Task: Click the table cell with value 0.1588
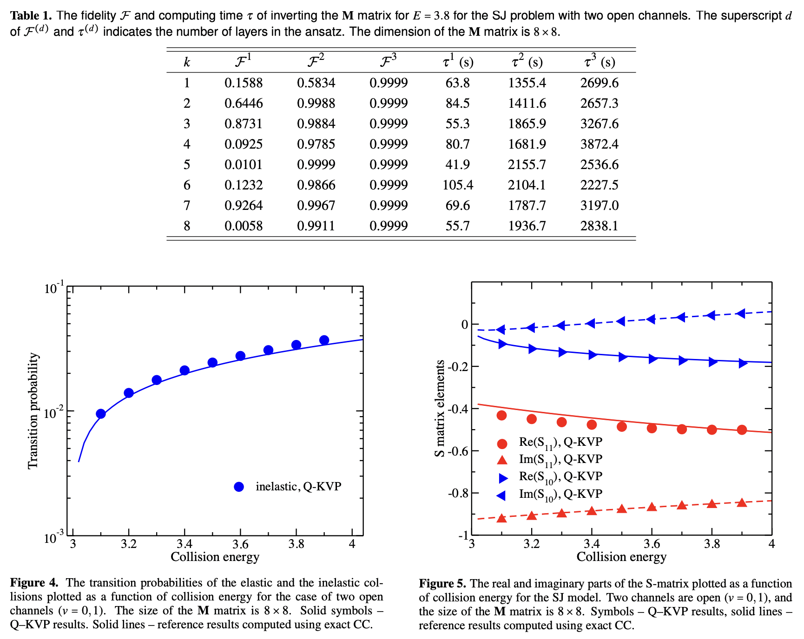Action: coord(243,83)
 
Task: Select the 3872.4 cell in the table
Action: coord(599,144)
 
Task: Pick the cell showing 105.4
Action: coord(457,185)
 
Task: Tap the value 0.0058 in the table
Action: coord(243,226)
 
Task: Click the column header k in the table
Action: coord(187,62)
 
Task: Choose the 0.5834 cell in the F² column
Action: coord(316,83)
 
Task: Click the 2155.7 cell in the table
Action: coord(527,165)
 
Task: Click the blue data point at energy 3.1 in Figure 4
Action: coord(101,414)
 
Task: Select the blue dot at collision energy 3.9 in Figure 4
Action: coord(324,340)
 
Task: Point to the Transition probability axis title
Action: coord(33,411)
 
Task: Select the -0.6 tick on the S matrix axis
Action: coord(458,451)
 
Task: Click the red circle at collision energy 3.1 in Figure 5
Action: coord(501,415)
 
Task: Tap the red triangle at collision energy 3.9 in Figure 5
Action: coord(742,503)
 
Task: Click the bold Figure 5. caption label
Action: coord(442,584)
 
